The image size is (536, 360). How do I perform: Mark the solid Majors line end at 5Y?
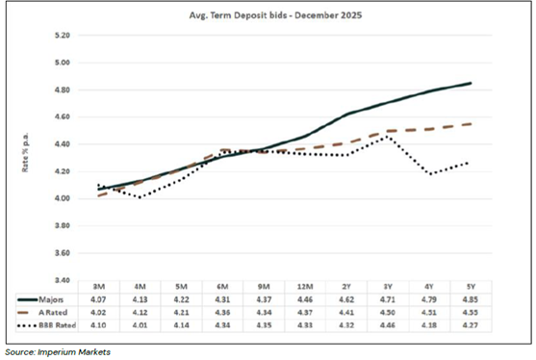[x=471, y=83]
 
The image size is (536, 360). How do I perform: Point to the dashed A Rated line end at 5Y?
[x=471, y=124]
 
